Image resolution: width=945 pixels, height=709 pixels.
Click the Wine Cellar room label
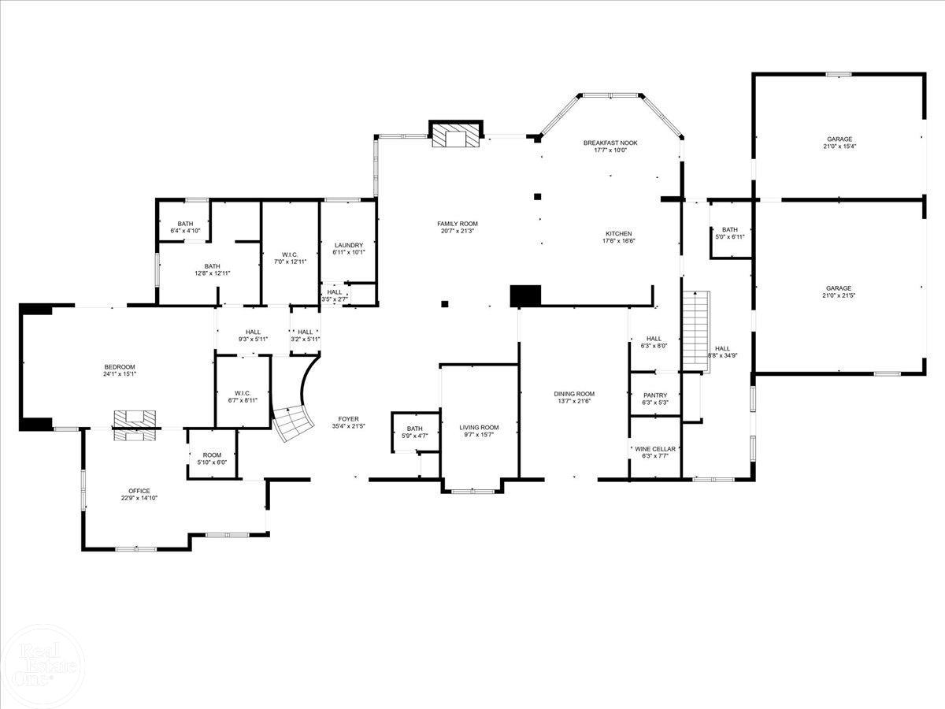[x=654, y=449]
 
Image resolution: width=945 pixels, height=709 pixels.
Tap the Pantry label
[x=655, y=395]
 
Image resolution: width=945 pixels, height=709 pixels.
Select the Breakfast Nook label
[x=610, y=143]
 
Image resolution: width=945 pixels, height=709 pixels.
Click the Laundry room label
[x=348, y=245]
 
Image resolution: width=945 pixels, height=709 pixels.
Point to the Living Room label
[x=480, y=428]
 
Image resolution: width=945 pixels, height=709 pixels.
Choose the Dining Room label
[x=574, y=394]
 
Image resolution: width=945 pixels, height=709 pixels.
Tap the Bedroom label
[x=120, y=367]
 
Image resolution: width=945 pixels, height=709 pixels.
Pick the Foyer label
[x=348, y=419]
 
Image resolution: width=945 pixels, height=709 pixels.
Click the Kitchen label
[x=618, y=234]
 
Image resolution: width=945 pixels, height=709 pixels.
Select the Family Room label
[x=458, y=224]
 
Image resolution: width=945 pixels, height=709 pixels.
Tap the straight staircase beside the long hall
[x=696, y=329]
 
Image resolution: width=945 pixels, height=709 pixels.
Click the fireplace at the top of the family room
[x=455, y=135]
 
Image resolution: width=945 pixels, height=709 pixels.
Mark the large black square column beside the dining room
[x=526, y=295]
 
